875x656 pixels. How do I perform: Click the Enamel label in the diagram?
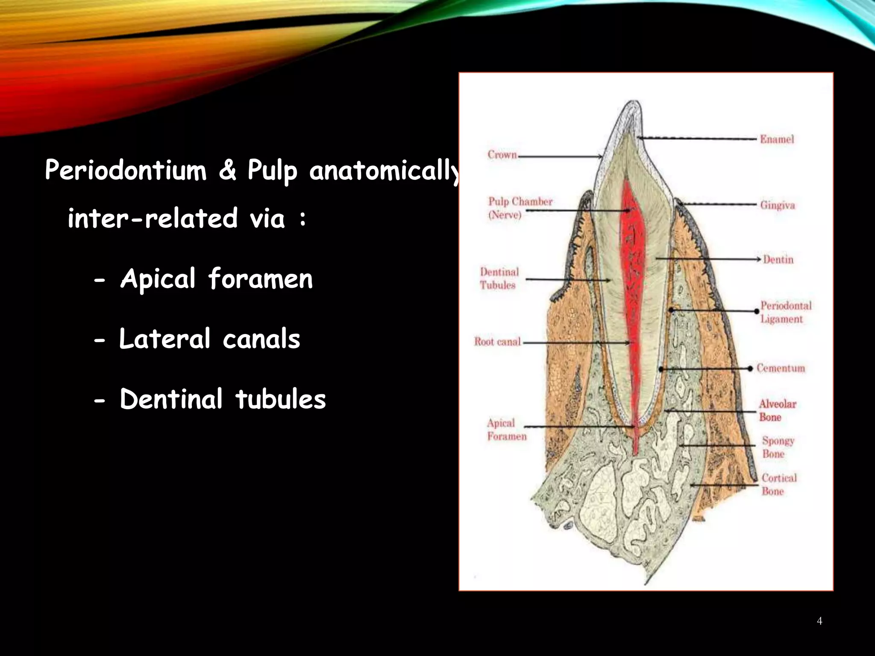[776, 139]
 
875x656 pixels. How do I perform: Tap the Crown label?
[502, 155]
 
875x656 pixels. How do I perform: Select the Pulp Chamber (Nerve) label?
[520, 208]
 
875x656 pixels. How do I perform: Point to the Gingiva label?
[777, 205]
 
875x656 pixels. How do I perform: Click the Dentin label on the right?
[778, 260]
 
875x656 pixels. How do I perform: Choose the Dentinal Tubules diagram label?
[499, 278]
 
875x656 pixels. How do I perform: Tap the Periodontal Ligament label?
[785, 312]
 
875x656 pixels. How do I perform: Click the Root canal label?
[497, 342]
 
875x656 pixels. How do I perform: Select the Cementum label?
[781, 368]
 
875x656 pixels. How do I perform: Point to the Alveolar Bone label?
[777, 410]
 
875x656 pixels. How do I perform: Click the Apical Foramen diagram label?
[506, 430]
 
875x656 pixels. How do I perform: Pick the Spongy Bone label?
[778, 447]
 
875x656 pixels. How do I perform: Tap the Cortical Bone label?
[778, 484]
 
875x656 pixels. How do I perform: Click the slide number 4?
[819, 621]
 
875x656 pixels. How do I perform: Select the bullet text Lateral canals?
[209, 339]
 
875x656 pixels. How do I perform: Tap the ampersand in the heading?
[227, 170]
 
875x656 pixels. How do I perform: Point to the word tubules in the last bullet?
[280, 399]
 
